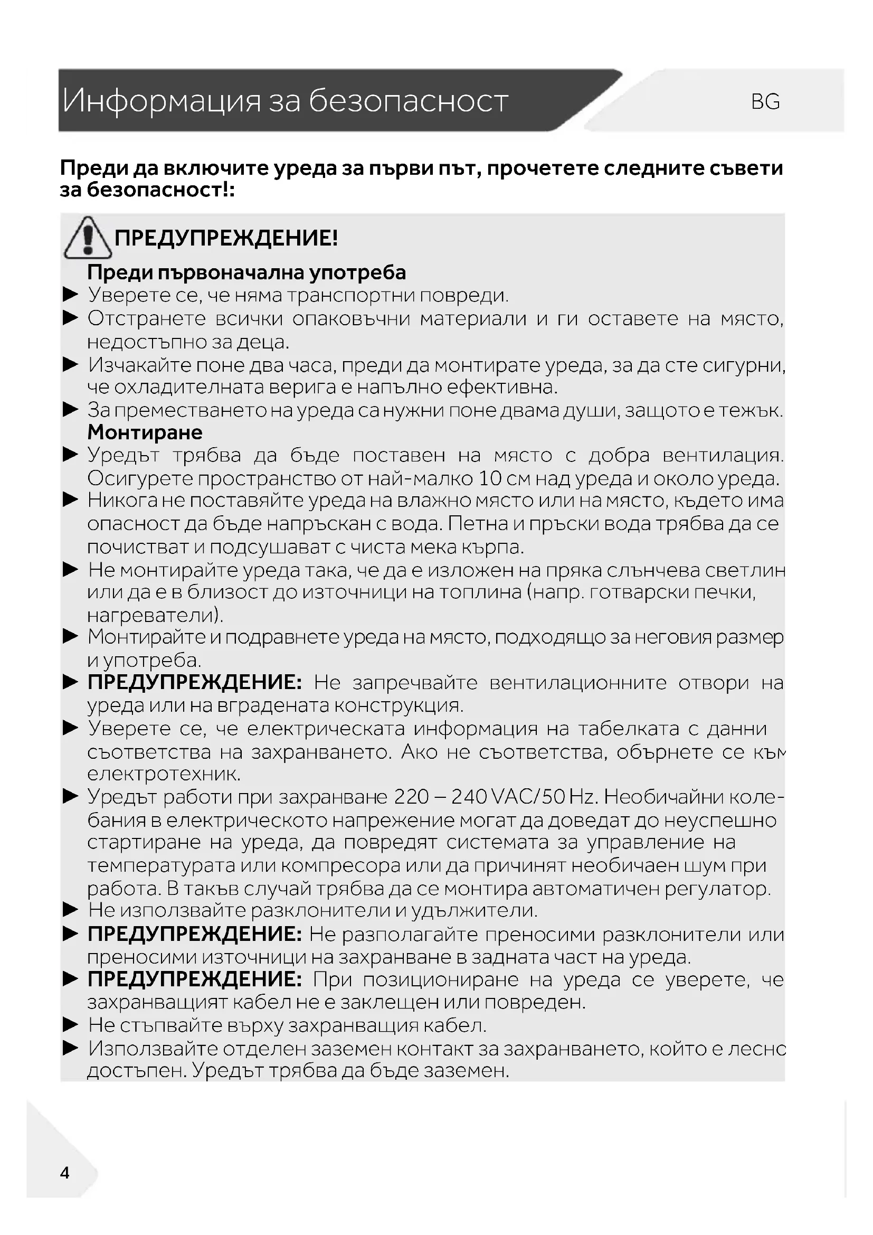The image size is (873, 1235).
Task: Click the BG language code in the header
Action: [765, 102]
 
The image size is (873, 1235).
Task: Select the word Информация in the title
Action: [162, 101]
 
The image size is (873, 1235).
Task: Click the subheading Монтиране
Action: [145, 432]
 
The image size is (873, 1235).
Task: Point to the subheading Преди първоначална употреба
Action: [246, 272]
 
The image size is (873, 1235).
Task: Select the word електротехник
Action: [164, 774]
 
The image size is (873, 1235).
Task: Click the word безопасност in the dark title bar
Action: [408, 101]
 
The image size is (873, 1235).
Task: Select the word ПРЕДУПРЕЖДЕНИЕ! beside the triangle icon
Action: [226, 238]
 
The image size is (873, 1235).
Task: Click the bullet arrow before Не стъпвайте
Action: [70, 1025]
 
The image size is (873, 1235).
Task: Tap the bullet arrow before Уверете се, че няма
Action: [70, 295]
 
